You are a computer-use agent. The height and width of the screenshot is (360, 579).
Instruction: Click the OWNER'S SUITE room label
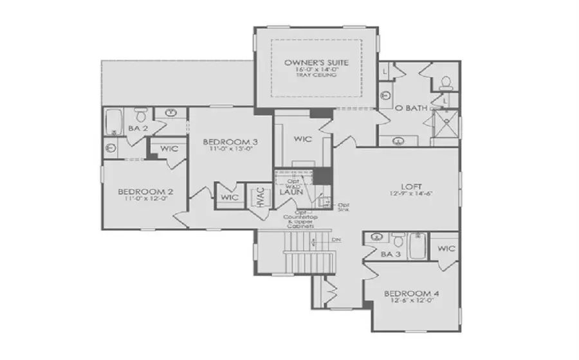pos(317,62)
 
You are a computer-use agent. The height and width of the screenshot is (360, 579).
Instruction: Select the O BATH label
pos(411,108)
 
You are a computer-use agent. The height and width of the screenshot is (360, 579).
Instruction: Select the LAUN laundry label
pos(291,192)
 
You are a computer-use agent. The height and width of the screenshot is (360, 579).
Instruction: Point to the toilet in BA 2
pos(141,114)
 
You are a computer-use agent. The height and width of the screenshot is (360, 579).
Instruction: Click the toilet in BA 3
pos(397,242)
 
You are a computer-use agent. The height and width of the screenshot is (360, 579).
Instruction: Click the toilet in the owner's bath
pos(445,82)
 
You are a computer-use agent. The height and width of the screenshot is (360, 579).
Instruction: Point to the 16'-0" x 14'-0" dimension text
pos(317,70)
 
